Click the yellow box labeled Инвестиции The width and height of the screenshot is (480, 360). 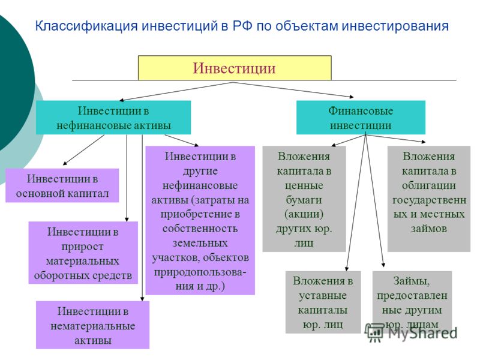pos(235,68)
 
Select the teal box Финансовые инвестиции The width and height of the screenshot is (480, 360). pos(361,118)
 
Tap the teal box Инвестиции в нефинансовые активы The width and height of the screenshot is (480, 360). pos(113,118)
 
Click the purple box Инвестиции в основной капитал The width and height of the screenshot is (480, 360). pos(62,185)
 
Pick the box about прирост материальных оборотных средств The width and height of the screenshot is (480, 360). pos(83,253)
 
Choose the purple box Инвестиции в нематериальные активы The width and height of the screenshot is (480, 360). pos(92,325)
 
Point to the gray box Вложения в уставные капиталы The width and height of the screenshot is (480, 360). pos(323,302)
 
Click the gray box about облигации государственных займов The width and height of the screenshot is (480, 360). pos(429,199)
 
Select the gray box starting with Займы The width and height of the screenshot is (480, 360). pos(412,302)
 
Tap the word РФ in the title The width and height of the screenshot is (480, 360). pos(242,26)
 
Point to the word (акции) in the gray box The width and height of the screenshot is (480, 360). pos(304,214)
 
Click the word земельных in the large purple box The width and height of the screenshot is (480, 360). pos(200,243)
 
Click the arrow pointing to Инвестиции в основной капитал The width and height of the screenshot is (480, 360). pos(83,150)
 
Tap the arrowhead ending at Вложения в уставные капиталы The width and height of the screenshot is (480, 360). pos(347,268)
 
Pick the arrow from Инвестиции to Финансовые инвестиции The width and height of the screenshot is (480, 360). pos(293,90)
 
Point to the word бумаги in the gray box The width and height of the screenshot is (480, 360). pos(304,200)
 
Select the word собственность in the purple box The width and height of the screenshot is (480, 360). pos(200,229)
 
